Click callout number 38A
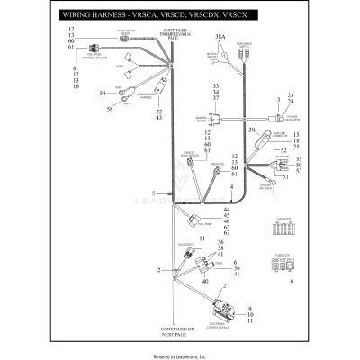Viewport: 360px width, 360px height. point(220,38)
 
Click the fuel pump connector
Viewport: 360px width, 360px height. point(192,218)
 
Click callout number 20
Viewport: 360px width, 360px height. point(253,131)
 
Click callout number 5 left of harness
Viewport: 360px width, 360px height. point(154,193)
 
